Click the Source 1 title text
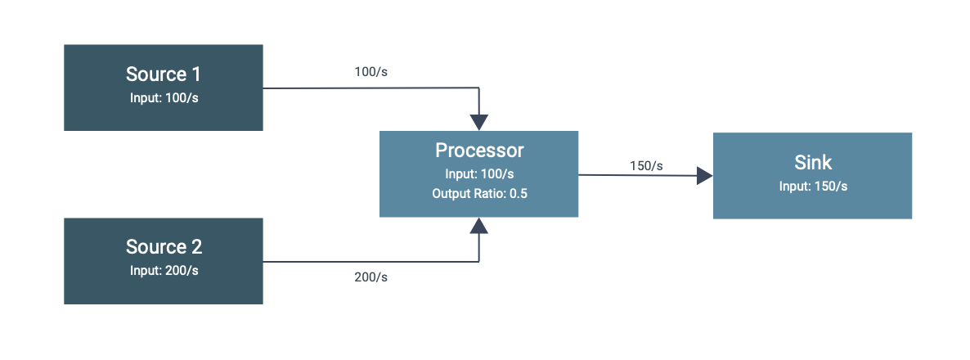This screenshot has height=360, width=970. coord(163,74)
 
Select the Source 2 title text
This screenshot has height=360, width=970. coord(163,247)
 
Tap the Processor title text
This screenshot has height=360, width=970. coord(478,151)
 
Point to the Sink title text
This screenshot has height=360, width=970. coord(812,162)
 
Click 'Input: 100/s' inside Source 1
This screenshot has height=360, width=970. coord(163,98)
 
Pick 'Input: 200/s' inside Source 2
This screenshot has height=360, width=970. coord(163,271)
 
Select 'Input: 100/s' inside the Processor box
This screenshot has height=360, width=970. coord(478,173)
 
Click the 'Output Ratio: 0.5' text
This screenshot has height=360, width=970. coord(478,194)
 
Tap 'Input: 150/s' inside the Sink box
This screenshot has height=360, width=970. coord(812,186)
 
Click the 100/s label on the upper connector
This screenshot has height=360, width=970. coord(370,72)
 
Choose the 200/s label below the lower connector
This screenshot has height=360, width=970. coord(370,277)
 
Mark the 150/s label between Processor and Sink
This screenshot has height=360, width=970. coord(646,166)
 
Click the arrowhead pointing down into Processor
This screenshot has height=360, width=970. coord(479,122)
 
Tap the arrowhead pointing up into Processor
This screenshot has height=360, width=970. coord(479,226)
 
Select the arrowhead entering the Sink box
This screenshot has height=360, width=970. coord(704,175)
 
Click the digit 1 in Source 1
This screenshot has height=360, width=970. coord(195,74)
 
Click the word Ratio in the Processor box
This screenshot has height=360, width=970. coord(488,194)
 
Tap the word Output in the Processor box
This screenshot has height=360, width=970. coord(451,194)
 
